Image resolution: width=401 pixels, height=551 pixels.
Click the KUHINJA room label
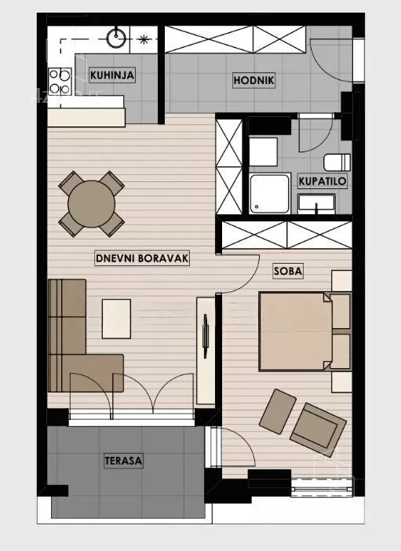coord(112,75)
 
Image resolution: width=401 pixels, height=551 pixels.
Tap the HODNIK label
coord(253,80)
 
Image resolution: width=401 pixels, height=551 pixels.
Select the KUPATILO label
coord(323,181)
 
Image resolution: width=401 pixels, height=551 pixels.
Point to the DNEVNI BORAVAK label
coord(142,258)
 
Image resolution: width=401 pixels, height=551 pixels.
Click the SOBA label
coord(288,271)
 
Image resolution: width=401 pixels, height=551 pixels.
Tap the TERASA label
coord(123,460)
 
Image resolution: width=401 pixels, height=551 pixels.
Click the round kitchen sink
coord(116,37)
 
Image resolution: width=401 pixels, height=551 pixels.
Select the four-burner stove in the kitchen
coord(60,82)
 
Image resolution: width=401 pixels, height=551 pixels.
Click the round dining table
coord(91,204)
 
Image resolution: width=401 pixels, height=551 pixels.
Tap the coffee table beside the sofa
coord(116,319)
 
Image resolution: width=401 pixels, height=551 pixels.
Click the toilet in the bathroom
coord(337,162)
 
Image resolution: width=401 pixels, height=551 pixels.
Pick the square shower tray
coord(270,193)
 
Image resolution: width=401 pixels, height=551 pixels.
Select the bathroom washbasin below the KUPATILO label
coord(316,203)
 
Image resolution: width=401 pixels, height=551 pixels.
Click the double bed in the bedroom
coord(296,331)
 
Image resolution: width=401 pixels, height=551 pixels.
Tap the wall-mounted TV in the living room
coord(206,331)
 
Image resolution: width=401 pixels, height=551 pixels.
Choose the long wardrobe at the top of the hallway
coord(235,39)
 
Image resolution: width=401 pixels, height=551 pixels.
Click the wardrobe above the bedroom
coord(287,235)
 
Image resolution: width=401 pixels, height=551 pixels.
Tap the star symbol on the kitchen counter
coord(144,39)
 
